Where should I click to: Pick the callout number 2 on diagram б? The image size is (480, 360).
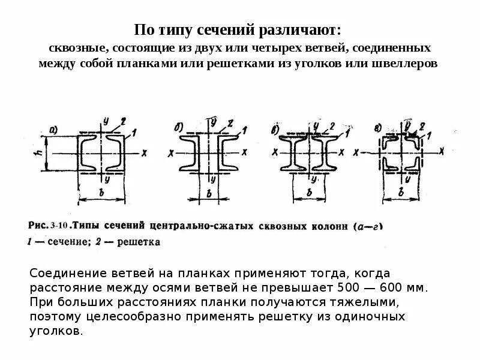[230, 124]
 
